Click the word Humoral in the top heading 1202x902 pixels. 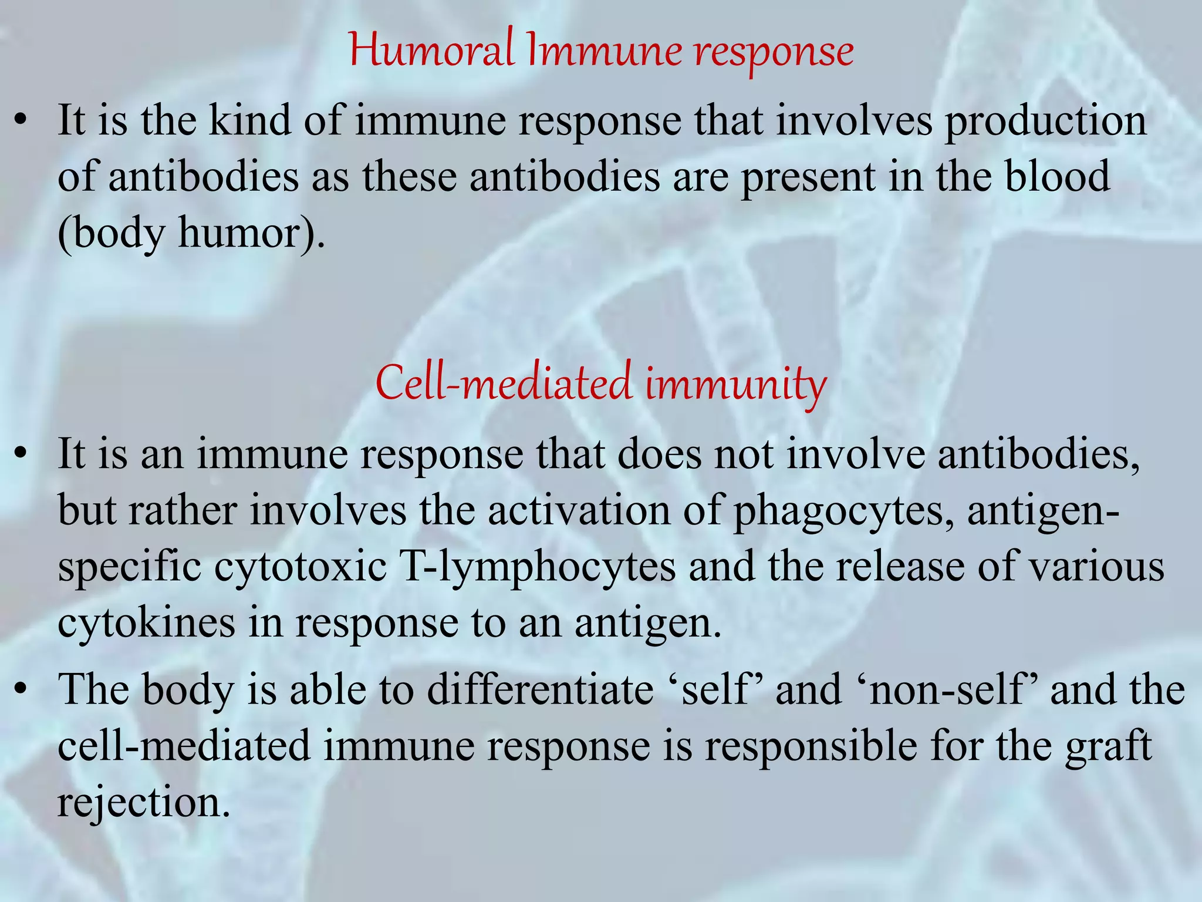(431, 51)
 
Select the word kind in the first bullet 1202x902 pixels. (250, 120)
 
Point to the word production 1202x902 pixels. (1045, 122)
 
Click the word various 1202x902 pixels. (1097, 567)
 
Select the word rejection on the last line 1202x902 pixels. (143, 802)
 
